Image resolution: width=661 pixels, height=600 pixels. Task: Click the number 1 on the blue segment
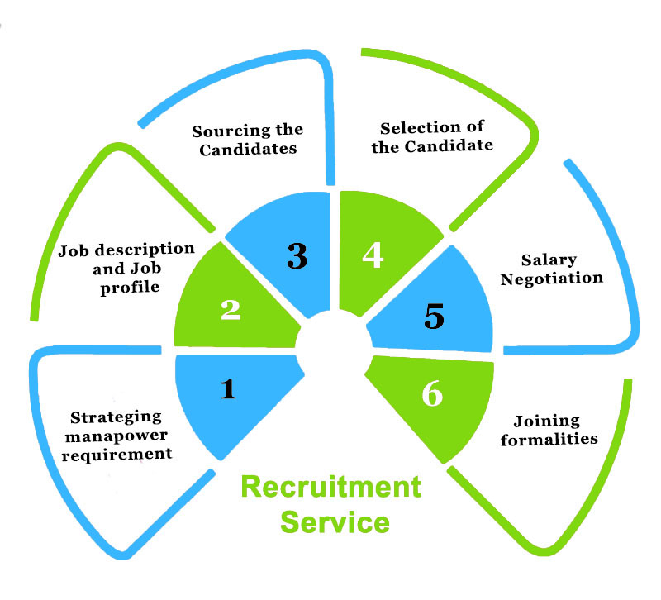(228, 388)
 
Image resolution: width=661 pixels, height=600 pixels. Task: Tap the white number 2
(231, 309)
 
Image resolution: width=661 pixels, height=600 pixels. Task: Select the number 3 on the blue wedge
(297, 256)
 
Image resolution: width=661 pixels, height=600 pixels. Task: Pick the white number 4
(373, 255)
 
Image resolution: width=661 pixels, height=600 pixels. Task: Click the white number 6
(431, 395)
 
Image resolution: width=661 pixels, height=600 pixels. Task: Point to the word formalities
(549, 438)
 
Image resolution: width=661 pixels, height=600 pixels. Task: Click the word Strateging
(116, 417)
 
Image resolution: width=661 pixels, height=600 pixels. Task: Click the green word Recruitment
(330, 487)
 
